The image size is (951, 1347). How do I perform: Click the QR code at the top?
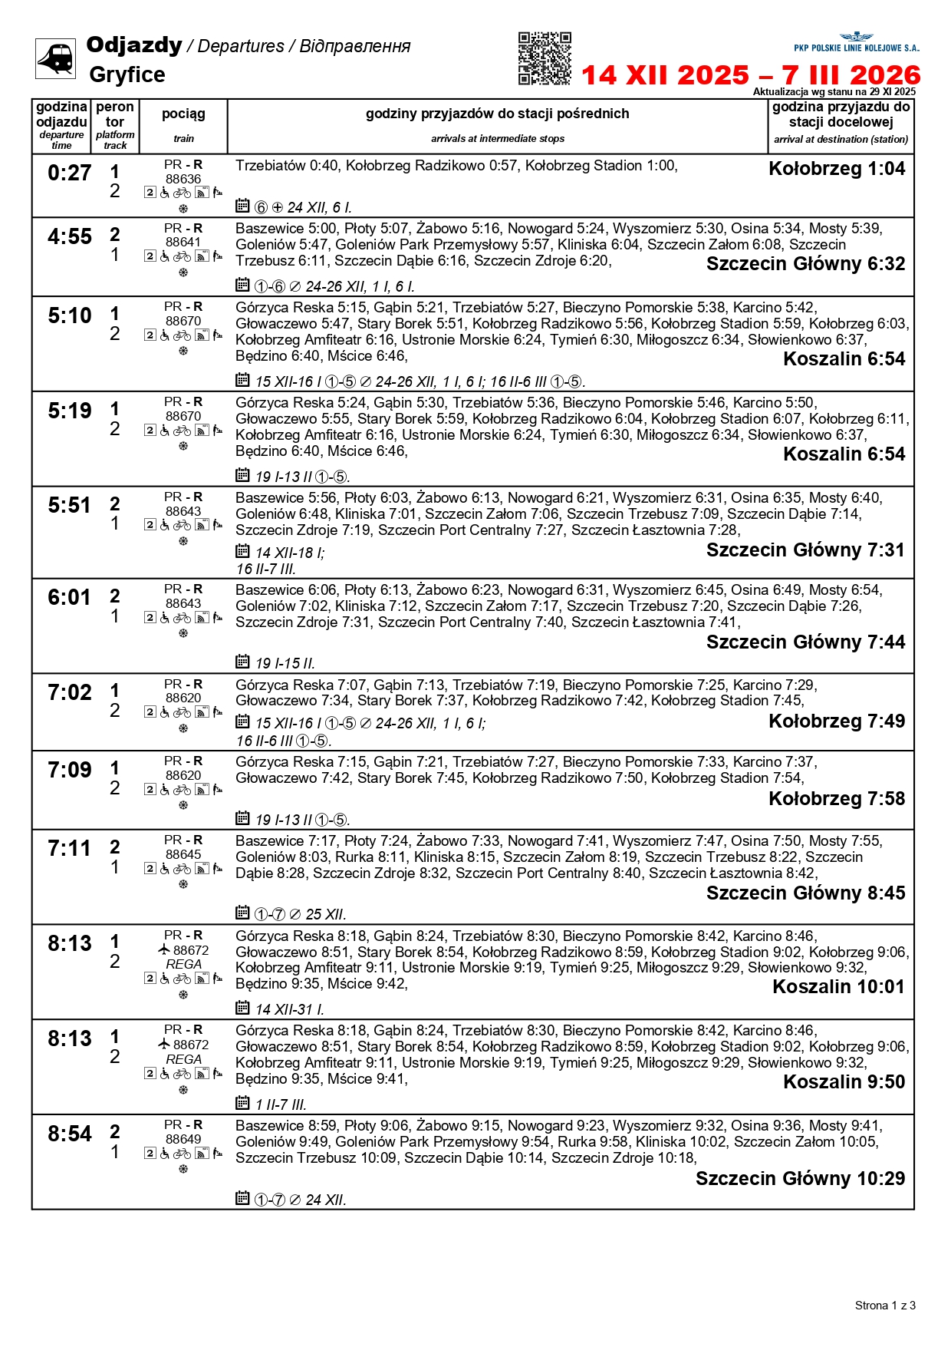tap(545, 58)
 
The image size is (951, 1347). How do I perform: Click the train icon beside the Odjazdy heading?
tap(55, 58)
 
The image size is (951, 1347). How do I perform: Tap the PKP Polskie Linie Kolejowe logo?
tap(856, 43)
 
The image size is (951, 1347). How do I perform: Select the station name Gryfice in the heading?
tap(127, 74)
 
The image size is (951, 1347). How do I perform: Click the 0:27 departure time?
tap(69, 173)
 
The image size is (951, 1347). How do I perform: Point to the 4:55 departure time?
tap(69, 236)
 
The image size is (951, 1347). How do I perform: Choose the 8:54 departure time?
tap(69, 1134)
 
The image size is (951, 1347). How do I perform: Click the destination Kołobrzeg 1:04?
tap(837, 169)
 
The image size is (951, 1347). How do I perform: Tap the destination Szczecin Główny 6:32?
tap(805, 264)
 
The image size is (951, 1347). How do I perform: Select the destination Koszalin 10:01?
tap(838, 987)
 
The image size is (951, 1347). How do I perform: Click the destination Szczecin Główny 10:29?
tap(800, 1179)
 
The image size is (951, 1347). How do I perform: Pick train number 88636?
tap(183, 179)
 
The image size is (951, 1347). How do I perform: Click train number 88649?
tap(183, 1139)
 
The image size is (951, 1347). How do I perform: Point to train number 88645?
tap(183, 854)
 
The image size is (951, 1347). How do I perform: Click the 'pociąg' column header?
tap(183, 114)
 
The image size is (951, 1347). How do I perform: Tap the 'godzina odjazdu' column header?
tap(61, 115)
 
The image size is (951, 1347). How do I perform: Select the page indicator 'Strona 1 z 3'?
tap(885, 1306)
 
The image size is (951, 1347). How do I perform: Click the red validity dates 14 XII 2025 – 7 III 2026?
tap(751, 75)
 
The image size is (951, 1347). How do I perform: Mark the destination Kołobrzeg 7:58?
tap(837, 799)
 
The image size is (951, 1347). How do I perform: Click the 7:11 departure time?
tap(69, 849)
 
